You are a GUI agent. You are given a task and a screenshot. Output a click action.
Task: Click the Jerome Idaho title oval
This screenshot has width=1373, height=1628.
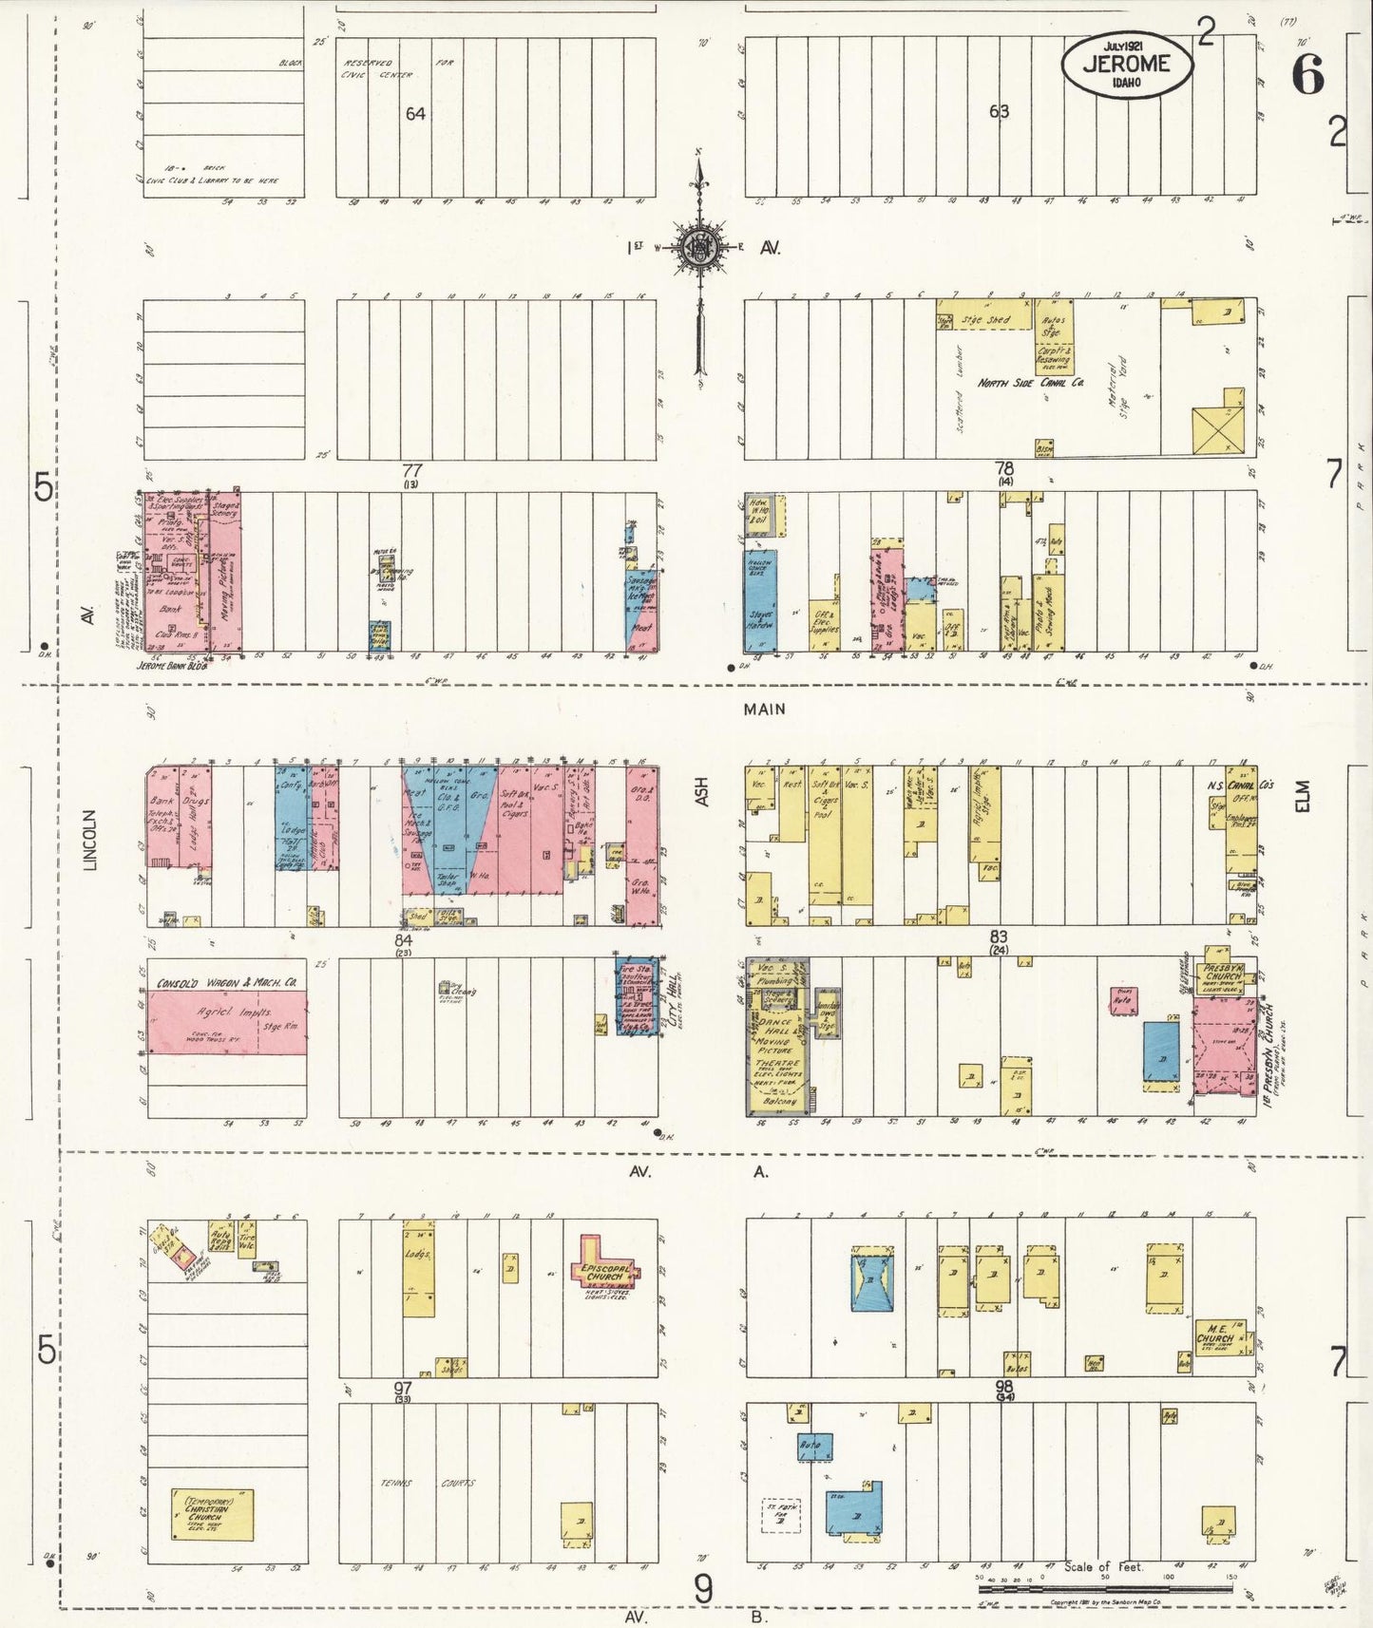tap(1126, 65)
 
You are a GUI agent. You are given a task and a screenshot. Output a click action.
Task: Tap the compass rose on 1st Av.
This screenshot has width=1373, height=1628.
tap(700, 248)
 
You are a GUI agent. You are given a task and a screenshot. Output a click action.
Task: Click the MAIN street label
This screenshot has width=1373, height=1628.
tap(765, 709)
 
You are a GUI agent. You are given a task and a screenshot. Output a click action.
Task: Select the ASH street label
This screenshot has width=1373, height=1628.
tap(702, 793)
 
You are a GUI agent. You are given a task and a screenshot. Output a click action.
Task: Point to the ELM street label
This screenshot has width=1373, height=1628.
tap(1302, 795)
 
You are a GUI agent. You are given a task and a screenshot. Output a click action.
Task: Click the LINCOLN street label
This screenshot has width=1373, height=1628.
tap(91, 840)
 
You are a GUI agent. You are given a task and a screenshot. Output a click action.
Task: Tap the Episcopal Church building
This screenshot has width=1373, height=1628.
tap(602, 1271)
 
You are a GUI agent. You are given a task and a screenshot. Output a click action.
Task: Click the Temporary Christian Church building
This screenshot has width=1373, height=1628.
tap(212, 1514)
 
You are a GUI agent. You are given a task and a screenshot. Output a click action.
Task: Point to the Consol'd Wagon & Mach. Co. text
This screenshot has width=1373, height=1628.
tap(227, 983)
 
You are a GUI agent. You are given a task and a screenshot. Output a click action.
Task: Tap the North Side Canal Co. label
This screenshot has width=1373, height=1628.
tap(1031, 383)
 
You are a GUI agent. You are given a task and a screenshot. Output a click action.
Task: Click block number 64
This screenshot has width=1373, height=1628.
tap(415, 114)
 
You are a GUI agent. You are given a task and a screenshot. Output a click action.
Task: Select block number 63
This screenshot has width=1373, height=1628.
tap(999, 111)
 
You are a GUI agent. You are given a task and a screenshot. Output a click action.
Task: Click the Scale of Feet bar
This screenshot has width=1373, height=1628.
tap(1105, 1587)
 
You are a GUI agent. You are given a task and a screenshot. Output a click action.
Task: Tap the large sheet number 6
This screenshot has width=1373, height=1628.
tap(1308, 74)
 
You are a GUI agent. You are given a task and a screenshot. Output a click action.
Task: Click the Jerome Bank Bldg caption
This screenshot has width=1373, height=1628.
tap(173, 666)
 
